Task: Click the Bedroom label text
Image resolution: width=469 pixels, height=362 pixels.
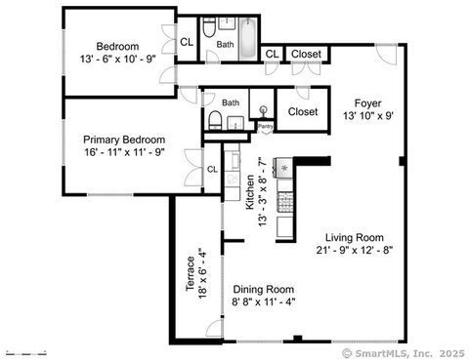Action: click(117, 46)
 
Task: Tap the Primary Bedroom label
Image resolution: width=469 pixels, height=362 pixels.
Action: click(123, 140)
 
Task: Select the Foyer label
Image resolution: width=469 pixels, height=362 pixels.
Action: click(367, 103)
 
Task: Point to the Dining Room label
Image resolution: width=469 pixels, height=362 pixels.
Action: click(264, 289)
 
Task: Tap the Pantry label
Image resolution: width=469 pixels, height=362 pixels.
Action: click(265, 126)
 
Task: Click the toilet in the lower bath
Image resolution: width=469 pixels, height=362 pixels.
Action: click(215, 121)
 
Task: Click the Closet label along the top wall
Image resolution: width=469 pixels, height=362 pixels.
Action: click(307, 54)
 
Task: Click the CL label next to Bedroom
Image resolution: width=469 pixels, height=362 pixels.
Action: click(187, 42)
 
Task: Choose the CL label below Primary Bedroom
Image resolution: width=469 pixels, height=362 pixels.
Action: click(212, 170)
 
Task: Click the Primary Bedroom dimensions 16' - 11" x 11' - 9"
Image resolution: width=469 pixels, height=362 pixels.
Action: click(123, 152)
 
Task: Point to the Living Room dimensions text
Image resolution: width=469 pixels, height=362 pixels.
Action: click(355, 251)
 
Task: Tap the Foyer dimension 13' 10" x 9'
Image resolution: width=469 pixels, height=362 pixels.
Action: click(367, 116)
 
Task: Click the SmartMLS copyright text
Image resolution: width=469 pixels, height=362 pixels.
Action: click(402, 352)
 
